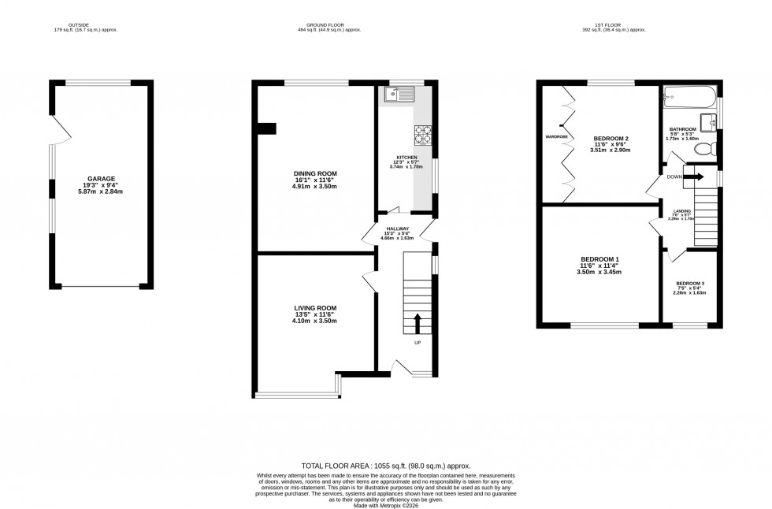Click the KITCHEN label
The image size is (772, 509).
coord(407,158)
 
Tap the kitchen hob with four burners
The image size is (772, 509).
coord(423,136)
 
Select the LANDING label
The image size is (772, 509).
coord(682,212)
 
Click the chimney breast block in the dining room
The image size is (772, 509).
coord(268,128)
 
